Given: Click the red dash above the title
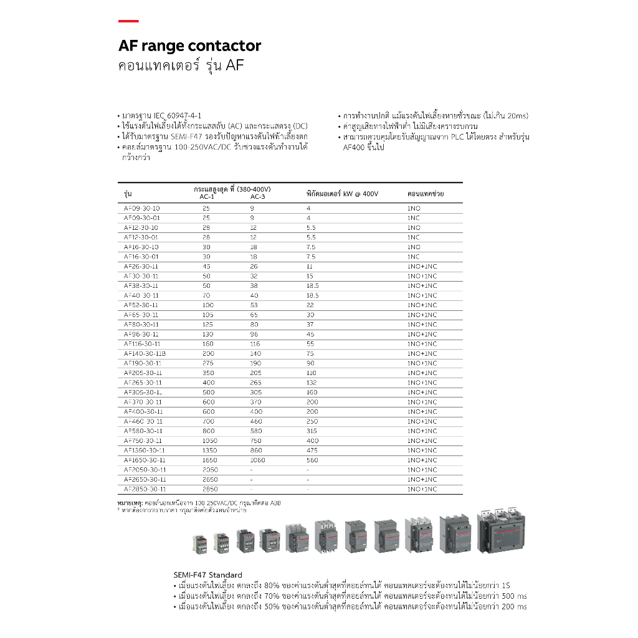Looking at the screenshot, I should [x=128, y=21].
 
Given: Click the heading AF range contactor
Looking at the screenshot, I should [x=189, y=46].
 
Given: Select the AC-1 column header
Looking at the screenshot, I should [x=207, y=198].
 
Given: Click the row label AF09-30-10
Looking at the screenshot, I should [x=141, y=208].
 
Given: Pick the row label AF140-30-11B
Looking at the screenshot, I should [x=145, y=353].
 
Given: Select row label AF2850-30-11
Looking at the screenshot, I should [x=145, y=489].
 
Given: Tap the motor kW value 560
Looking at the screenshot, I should [x=312, y=460].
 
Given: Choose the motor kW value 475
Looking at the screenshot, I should [x=312, y=450].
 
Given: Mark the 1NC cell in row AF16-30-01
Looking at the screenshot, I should [x=413, y=257].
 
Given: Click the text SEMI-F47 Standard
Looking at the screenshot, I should [x=207, y=575].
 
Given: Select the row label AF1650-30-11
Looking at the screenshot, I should [x=145, y=460].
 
